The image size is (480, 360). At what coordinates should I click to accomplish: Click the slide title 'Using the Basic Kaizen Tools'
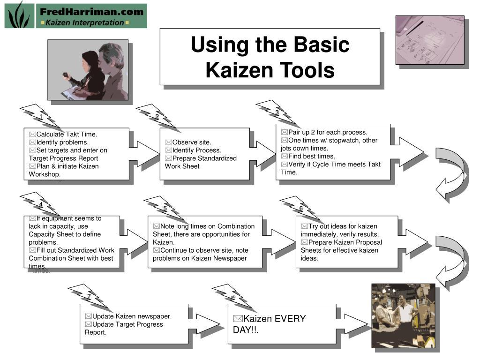270,57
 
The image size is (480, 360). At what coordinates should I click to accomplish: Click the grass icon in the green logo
19,15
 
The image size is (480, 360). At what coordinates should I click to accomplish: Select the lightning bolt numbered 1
41,117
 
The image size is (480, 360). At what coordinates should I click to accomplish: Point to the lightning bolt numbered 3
277,112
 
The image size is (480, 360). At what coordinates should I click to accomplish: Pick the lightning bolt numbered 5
165,209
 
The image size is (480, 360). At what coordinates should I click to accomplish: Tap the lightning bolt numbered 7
89,297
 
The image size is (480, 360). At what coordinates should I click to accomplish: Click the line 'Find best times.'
312,157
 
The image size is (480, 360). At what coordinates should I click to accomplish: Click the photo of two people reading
88,70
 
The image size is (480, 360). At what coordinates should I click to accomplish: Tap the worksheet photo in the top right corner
430,40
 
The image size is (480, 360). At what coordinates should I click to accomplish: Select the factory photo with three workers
403,315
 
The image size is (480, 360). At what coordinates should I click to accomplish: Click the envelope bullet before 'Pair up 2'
285,132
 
